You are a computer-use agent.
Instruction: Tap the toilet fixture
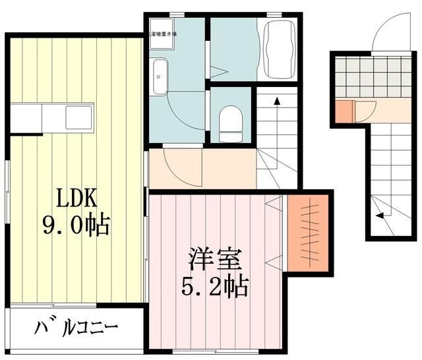(229, 123)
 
